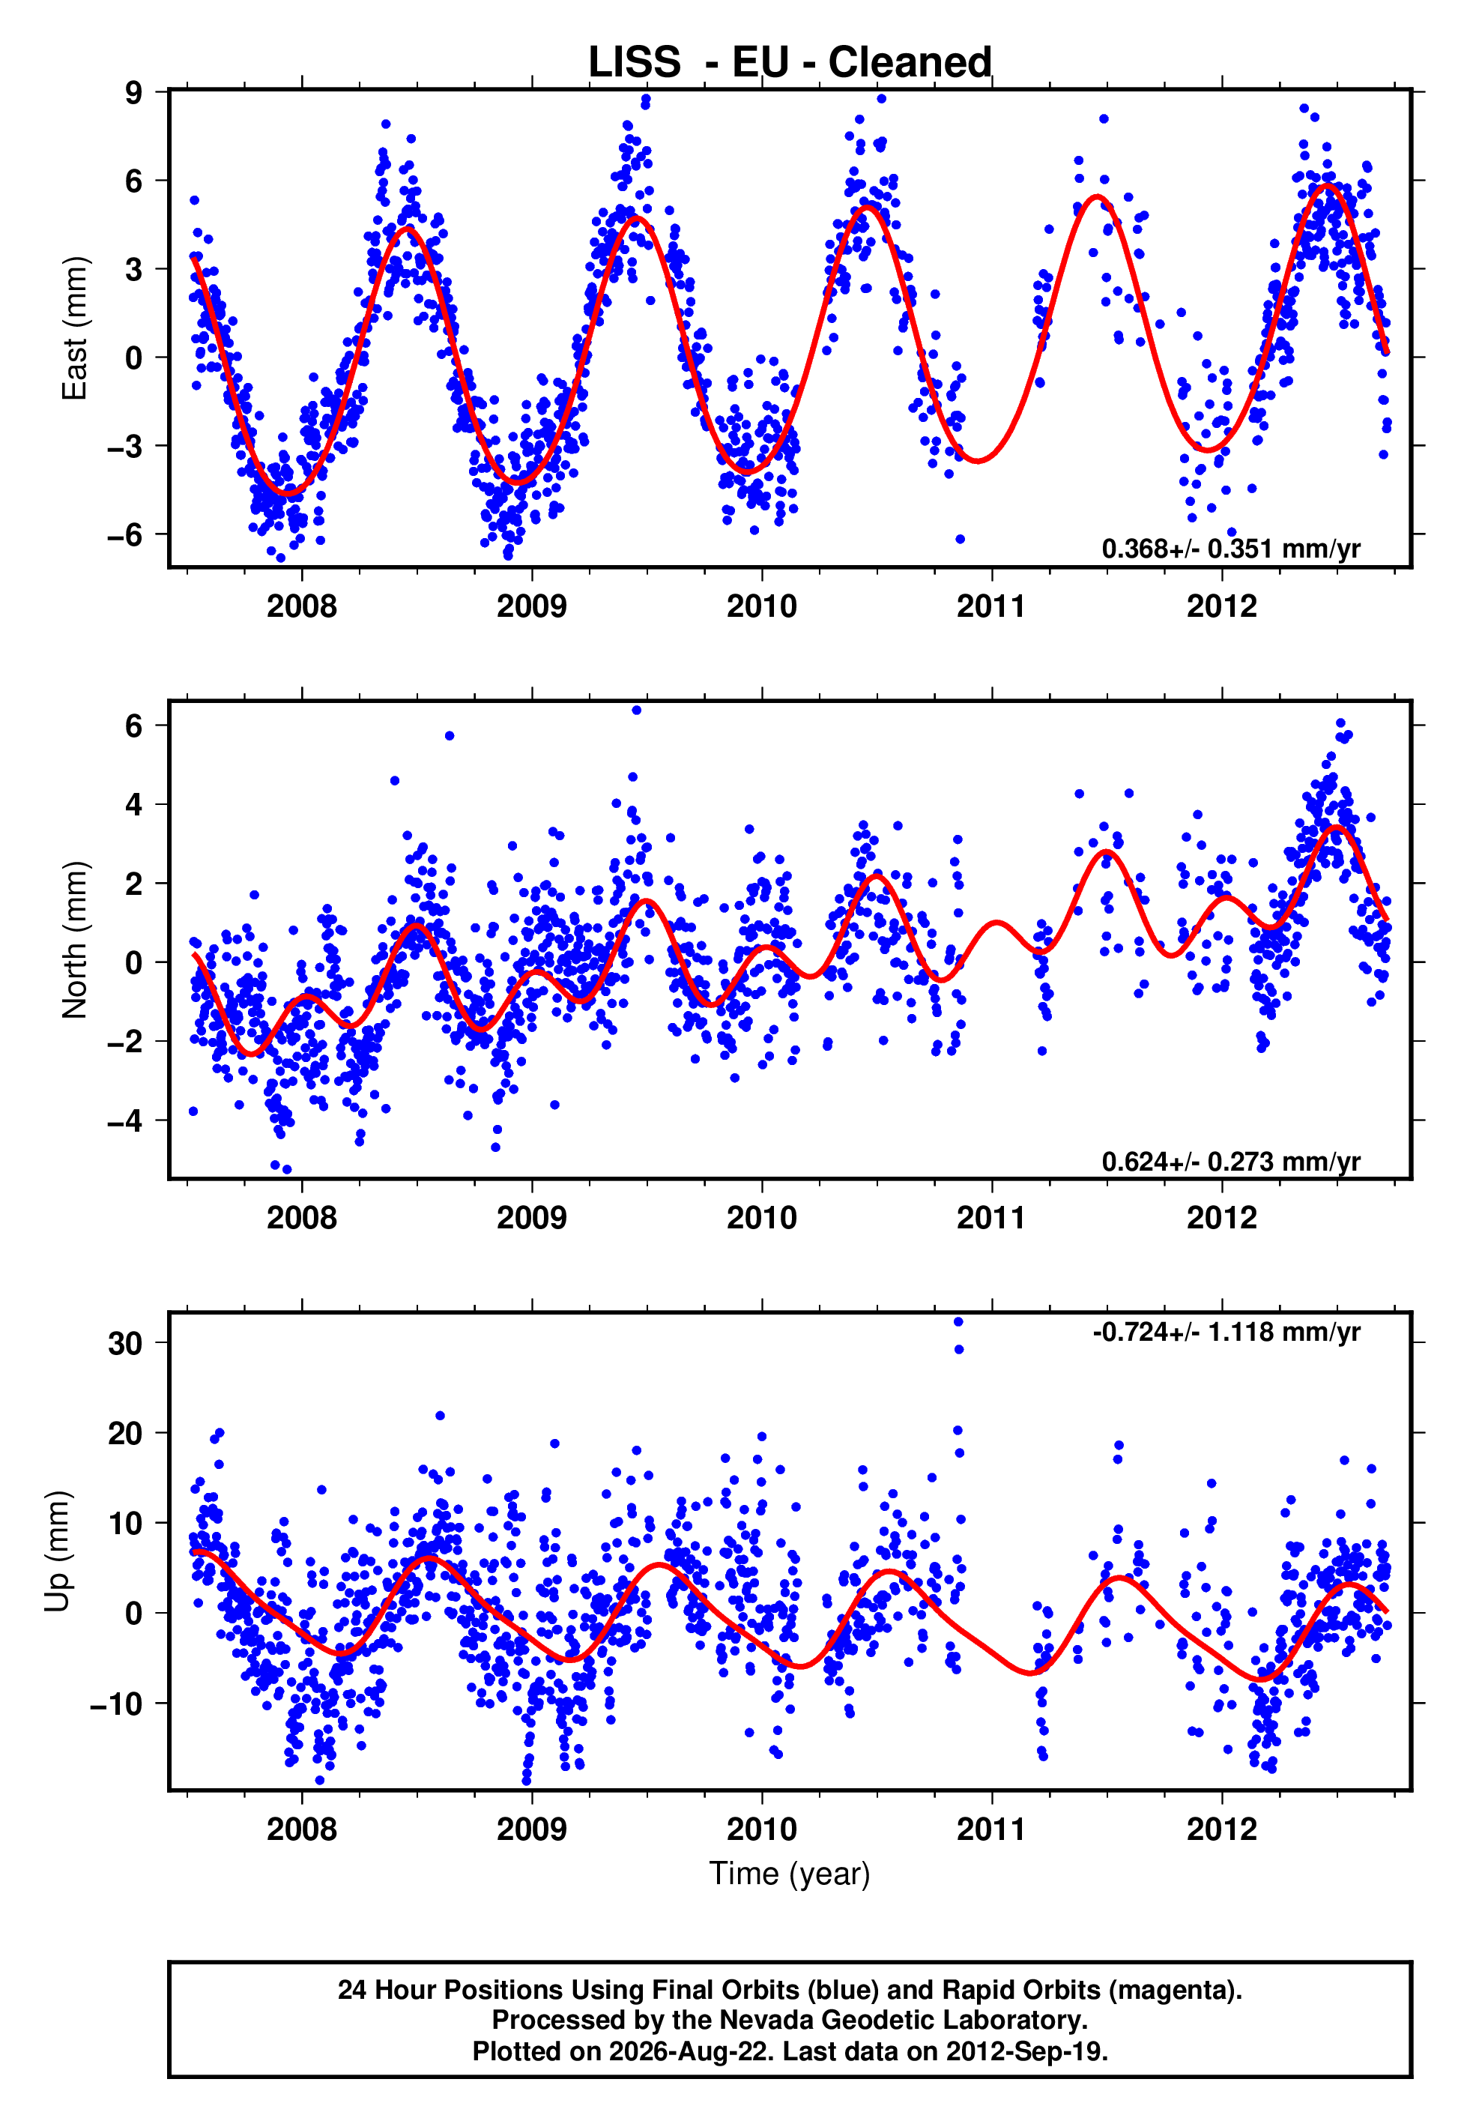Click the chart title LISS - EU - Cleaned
[790, 63]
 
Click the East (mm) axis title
[73, 328]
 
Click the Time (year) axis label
[790, 1874]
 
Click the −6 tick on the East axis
[125, 534]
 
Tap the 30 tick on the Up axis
[125, 1343]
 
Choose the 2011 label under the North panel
[991, 1218]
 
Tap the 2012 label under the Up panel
[1221, 1829]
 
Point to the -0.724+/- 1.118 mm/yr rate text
[1226, 1331]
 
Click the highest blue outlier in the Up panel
[958, 1321]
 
